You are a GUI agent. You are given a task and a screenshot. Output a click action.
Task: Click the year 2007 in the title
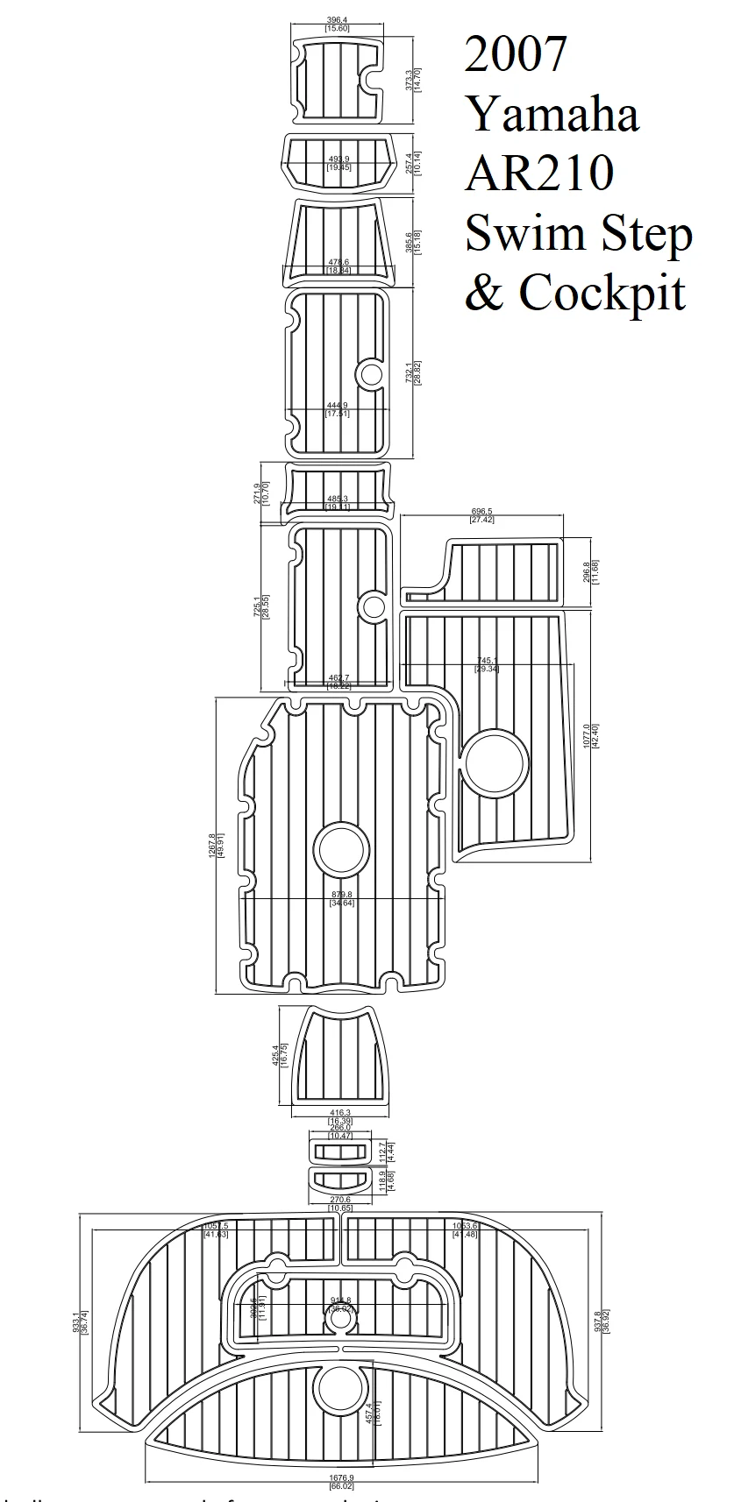click(x=516, y=54)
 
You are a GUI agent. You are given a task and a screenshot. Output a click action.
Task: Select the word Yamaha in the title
click(x=552, y=114)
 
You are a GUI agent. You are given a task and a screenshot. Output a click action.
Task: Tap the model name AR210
click(x=538, y=173)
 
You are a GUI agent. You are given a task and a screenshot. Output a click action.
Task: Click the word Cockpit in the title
click(x=602, y=292)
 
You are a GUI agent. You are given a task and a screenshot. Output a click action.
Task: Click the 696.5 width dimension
click(x=482, y=511)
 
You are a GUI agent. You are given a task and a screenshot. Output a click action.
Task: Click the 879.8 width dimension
click(x=343, y=895)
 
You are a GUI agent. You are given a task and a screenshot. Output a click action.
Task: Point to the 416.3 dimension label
click(x=340, y=1112)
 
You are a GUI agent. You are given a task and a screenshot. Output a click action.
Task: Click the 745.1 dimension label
click(x=487, y=661)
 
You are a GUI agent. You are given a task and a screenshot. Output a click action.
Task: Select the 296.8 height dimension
click(x=588, y=571)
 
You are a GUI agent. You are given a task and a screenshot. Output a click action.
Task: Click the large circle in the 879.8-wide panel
click(x=342, y=847)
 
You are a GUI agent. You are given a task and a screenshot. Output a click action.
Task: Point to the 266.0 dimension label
click(x=340, y=1128)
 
